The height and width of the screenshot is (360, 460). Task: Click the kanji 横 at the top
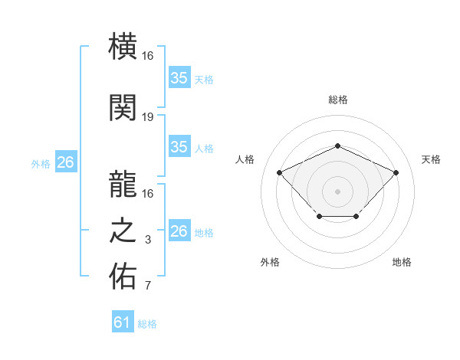[x=123, y=47]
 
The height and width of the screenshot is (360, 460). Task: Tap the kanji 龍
[x=123, y=182]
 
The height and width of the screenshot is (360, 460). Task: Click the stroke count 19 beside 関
[x=148, y=117]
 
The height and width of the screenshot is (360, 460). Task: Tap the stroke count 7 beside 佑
[x=148, y=287]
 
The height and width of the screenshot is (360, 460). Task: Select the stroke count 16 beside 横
[x=148, y=57]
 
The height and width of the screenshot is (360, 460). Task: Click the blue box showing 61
[x=123, y=322]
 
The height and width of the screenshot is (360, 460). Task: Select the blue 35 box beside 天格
[x=179, y=78]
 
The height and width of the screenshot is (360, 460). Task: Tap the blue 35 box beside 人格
[x=179, y=147]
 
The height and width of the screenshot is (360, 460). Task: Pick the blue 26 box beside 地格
[x=179, y=231]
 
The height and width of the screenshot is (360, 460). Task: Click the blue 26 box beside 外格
[x=65, y=162]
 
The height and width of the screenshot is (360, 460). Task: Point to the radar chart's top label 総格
[x=337, y=100]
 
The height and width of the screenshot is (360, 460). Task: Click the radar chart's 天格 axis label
[x=431, y=159]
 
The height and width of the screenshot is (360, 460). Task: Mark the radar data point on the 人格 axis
[x=280, y=173]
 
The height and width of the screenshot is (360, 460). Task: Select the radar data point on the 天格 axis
[x=396, y=173]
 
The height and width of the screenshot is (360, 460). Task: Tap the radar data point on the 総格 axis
[x=337, y=146]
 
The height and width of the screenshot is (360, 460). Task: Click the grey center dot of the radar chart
[x=337, y=191]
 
